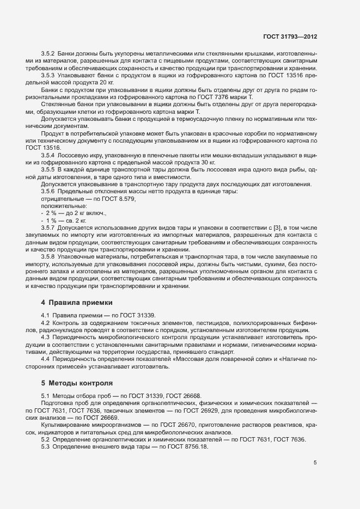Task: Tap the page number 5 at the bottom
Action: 315,463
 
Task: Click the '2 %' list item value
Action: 51,213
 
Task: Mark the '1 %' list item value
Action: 51,220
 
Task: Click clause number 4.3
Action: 45,337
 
